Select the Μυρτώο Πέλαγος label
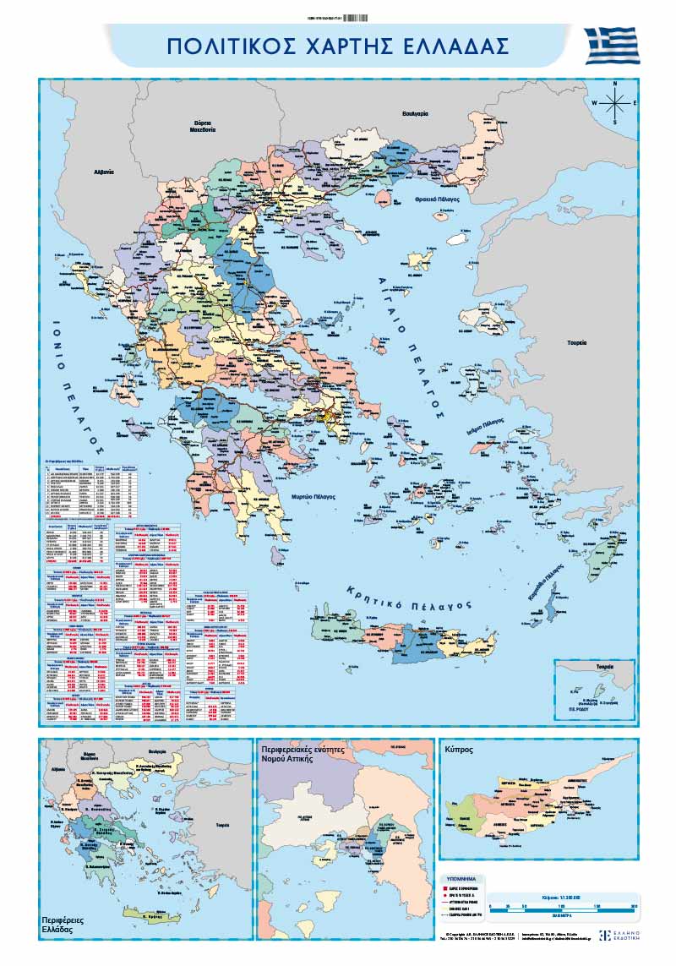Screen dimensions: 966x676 pos(313,497)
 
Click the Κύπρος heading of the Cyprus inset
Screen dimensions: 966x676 pos(457,749)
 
